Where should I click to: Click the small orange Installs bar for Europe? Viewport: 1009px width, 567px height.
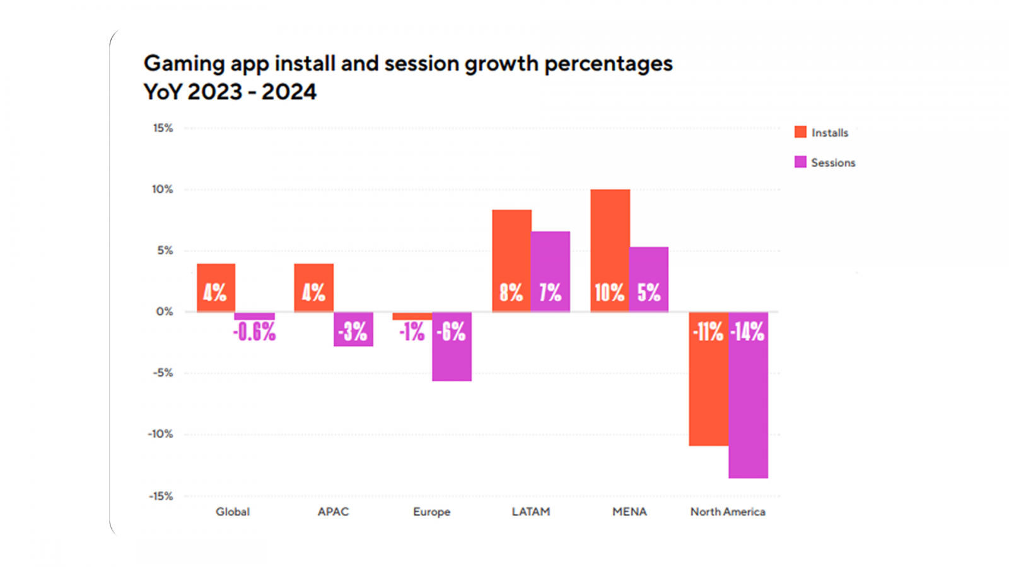coord(412,316)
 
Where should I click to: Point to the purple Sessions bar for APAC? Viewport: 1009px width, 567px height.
coord(353,340)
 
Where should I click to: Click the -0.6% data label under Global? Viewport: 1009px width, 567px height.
coord(254,332)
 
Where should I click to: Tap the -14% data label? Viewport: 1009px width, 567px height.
coord(747,331)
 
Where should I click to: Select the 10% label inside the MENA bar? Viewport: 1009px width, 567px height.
coord(609,292)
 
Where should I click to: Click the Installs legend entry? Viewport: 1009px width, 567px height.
coord(822,132)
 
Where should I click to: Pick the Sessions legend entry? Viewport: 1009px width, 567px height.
coord(825,163)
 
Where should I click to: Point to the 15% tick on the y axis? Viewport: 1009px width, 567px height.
coord(163,128)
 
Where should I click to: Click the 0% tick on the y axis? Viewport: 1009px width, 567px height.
coord(165,312)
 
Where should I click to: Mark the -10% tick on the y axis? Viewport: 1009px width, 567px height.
coord(160,434)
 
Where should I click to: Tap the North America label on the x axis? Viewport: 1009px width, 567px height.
coord(728,512)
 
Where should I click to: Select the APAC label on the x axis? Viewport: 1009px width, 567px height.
coord(333,512)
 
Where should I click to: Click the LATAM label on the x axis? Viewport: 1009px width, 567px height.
coord(530,512)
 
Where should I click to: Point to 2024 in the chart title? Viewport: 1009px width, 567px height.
coord(289,92)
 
